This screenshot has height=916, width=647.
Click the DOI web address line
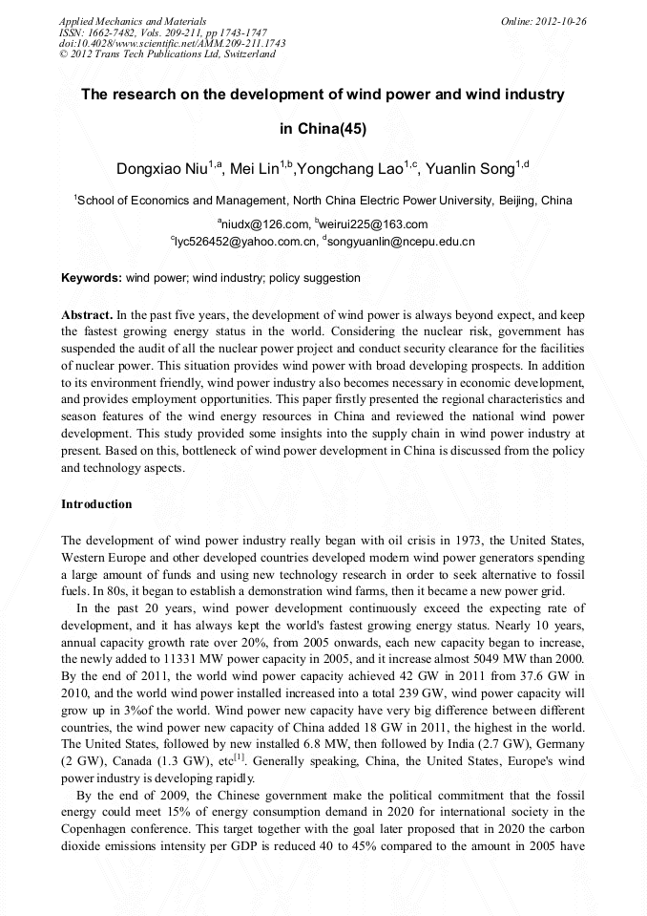click(172, 43)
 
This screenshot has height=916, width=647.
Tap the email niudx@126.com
click(262, 224)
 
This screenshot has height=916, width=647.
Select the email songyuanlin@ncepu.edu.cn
click(401, 242)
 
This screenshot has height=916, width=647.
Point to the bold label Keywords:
click(92, 278)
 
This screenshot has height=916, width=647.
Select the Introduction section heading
click(96, 503)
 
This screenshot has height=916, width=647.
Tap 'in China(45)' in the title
click(323, 128)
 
